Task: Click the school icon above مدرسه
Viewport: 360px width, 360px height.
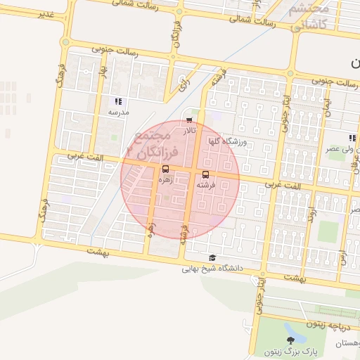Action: [117, 101]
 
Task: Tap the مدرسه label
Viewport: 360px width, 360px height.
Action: [117, 112]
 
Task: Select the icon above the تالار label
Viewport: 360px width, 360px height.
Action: [188, 120]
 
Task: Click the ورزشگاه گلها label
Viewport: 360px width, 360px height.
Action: [227, 141]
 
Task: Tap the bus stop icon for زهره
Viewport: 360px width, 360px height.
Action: [165, 169]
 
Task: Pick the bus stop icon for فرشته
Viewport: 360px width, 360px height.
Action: [205, 174]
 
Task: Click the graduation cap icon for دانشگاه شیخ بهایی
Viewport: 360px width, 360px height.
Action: [213, 257]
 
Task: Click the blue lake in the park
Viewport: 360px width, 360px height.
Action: [290, 328]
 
